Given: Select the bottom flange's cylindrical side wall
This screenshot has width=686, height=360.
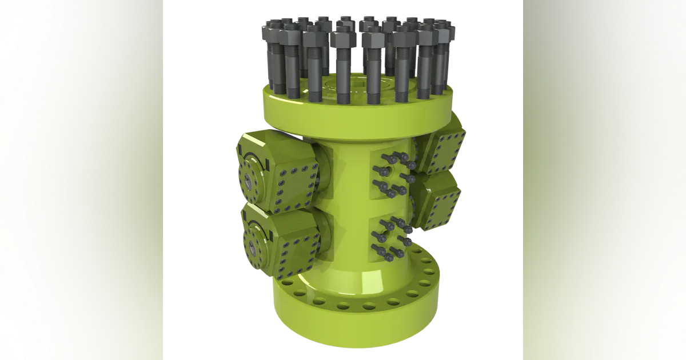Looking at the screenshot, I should coord(354,326).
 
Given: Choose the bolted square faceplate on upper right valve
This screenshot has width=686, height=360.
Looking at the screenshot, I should coord(449,146).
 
